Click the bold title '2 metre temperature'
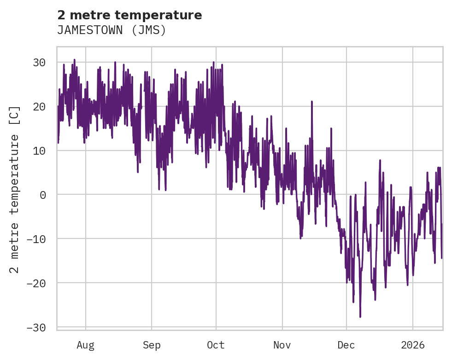pos(129,15)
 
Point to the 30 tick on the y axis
pos(42,62)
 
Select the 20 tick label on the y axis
pos(42,106)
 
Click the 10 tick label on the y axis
pos(42,151)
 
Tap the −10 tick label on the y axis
pos(39,239)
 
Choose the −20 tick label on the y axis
pos(39,283)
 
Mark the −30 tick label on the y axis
pos(39,327)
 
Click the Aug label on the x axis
pos(86,345)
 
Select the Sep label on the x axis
pos(152,345)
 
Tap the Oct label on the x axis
pos(216,345)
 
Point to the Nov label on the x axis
pos(282,345)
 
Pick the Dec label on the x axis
pos(346,345)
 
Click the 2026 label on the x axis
pos(412,345)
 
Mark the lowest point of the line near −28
pos(360,317)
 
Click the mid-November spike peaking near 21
pos(312,101)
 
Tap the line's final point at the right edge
pos(441,258)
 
